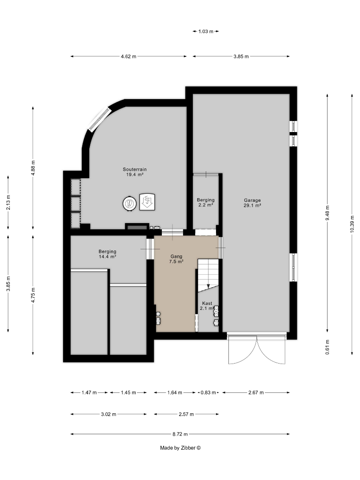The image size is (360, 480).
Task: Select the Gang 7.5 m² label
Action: tap(176, 259)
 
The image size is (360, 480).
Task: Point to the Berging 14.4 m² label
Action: tap(107, 254)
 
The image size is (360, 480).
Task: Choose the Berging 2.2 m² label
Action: tap(206, 202)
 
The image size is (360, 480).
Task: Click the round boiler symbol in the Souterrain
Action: tap(130, 203)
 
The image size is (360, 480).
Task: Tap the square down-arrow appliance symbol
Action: tap(147, 202)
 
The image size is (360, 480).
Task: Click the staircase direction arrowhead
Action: tap(208, 286)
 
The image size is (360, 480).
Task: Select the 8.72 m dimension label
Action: tap(180, 434)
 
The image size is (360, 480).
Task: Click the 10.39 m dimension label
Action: tap(352, 224)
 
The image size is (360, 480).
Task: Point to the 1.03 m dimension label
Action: tap(206, 31)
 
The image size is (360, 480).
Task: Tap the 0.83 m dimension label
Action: tap(208, 392)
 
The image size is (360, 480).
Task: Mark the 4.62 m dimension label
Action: tap(128, 56)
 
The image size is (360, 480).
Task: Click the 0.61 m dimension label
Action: tap(327, 347)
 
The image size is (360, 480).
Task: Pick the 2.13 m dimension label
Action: tap(8, 202)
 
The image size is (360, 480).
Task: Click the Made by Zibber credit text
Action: tap(180, 448)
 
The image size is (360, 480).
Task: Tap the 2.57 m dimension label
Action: tap(186, 414)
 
